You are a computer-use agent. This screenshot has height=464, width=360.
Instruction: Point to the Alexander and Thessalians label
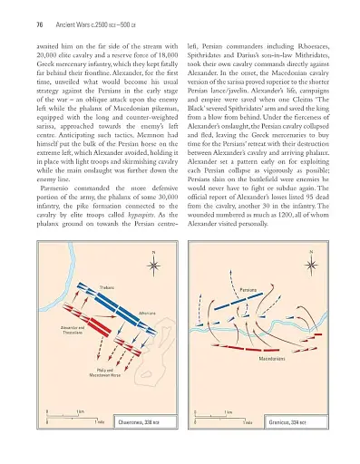[73, 329]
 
